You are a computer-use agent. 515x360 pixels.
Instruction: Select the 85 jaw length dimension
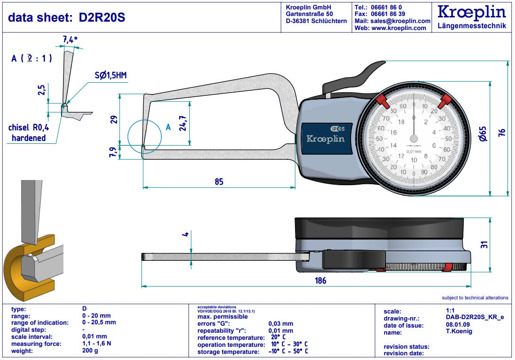coord(219,182)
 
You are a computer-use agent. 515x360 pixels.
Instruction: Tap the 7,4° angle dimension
coord(70,40)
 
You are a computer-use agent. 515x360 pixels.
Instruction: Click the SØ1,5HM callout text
coord(110,75)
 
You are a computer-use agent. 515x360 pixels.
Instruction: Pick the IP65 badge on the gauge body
coord(337,128)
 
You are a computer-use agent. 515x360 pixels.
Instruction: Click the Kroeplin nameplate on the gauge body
coord(326,138)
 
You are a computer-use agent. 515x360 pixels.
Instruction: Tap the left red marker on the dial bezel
coord(381,100)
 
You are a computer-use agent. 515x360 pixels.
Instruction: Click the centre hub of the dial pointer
coord(414,138)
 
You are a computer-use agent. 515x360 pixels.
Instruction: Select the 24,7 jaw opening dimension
coord(183,123)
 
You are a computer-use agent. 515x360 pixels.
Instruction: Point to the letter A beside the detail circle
coord(169,127)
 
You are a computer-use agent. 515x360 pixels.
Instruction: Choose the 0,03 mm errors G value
coord(281,323)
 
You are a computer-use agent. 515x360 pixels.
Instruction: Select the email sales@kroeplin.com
coord(399,21)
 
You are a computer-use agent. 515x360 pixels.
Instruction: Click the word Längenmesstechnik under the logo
coord(471,26)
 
